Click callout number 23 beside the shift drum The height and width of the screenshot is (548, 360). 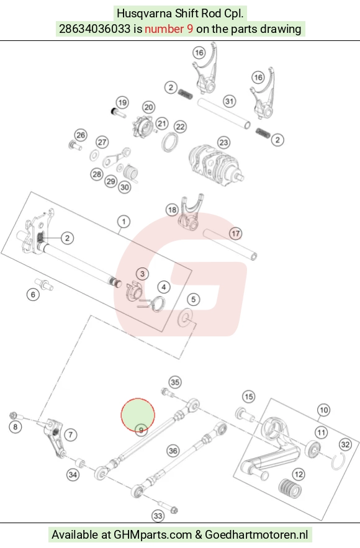(223, 142)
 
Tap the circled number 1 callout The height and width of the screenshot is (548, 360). (124, 222)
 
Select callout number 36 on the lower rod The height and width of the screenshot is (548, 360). (173, 451)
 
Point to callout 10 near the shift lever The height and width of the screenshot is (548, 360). (323, 410)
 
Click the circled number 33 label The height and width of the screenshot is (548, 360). (158, 516)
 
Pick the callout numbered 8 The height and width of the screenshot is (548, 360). (15, 427)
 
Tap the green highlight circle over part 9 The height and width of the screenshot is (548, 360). (138, 415)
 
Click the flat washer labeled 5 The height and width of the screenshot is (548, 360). (185, 317)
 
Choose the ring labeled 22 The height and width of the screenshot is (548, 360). (170, 142)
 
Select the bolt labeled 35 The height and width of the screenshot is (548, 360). (169, 393)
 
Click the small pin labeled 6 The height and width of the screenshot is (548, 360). (43, 284)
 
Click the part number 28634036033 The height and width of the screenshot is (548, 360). (95, 29)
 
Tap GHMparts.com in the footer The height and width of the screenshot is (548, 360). (153, 535)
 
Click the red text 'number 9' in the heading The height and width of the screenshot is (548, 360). (169, 29)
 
